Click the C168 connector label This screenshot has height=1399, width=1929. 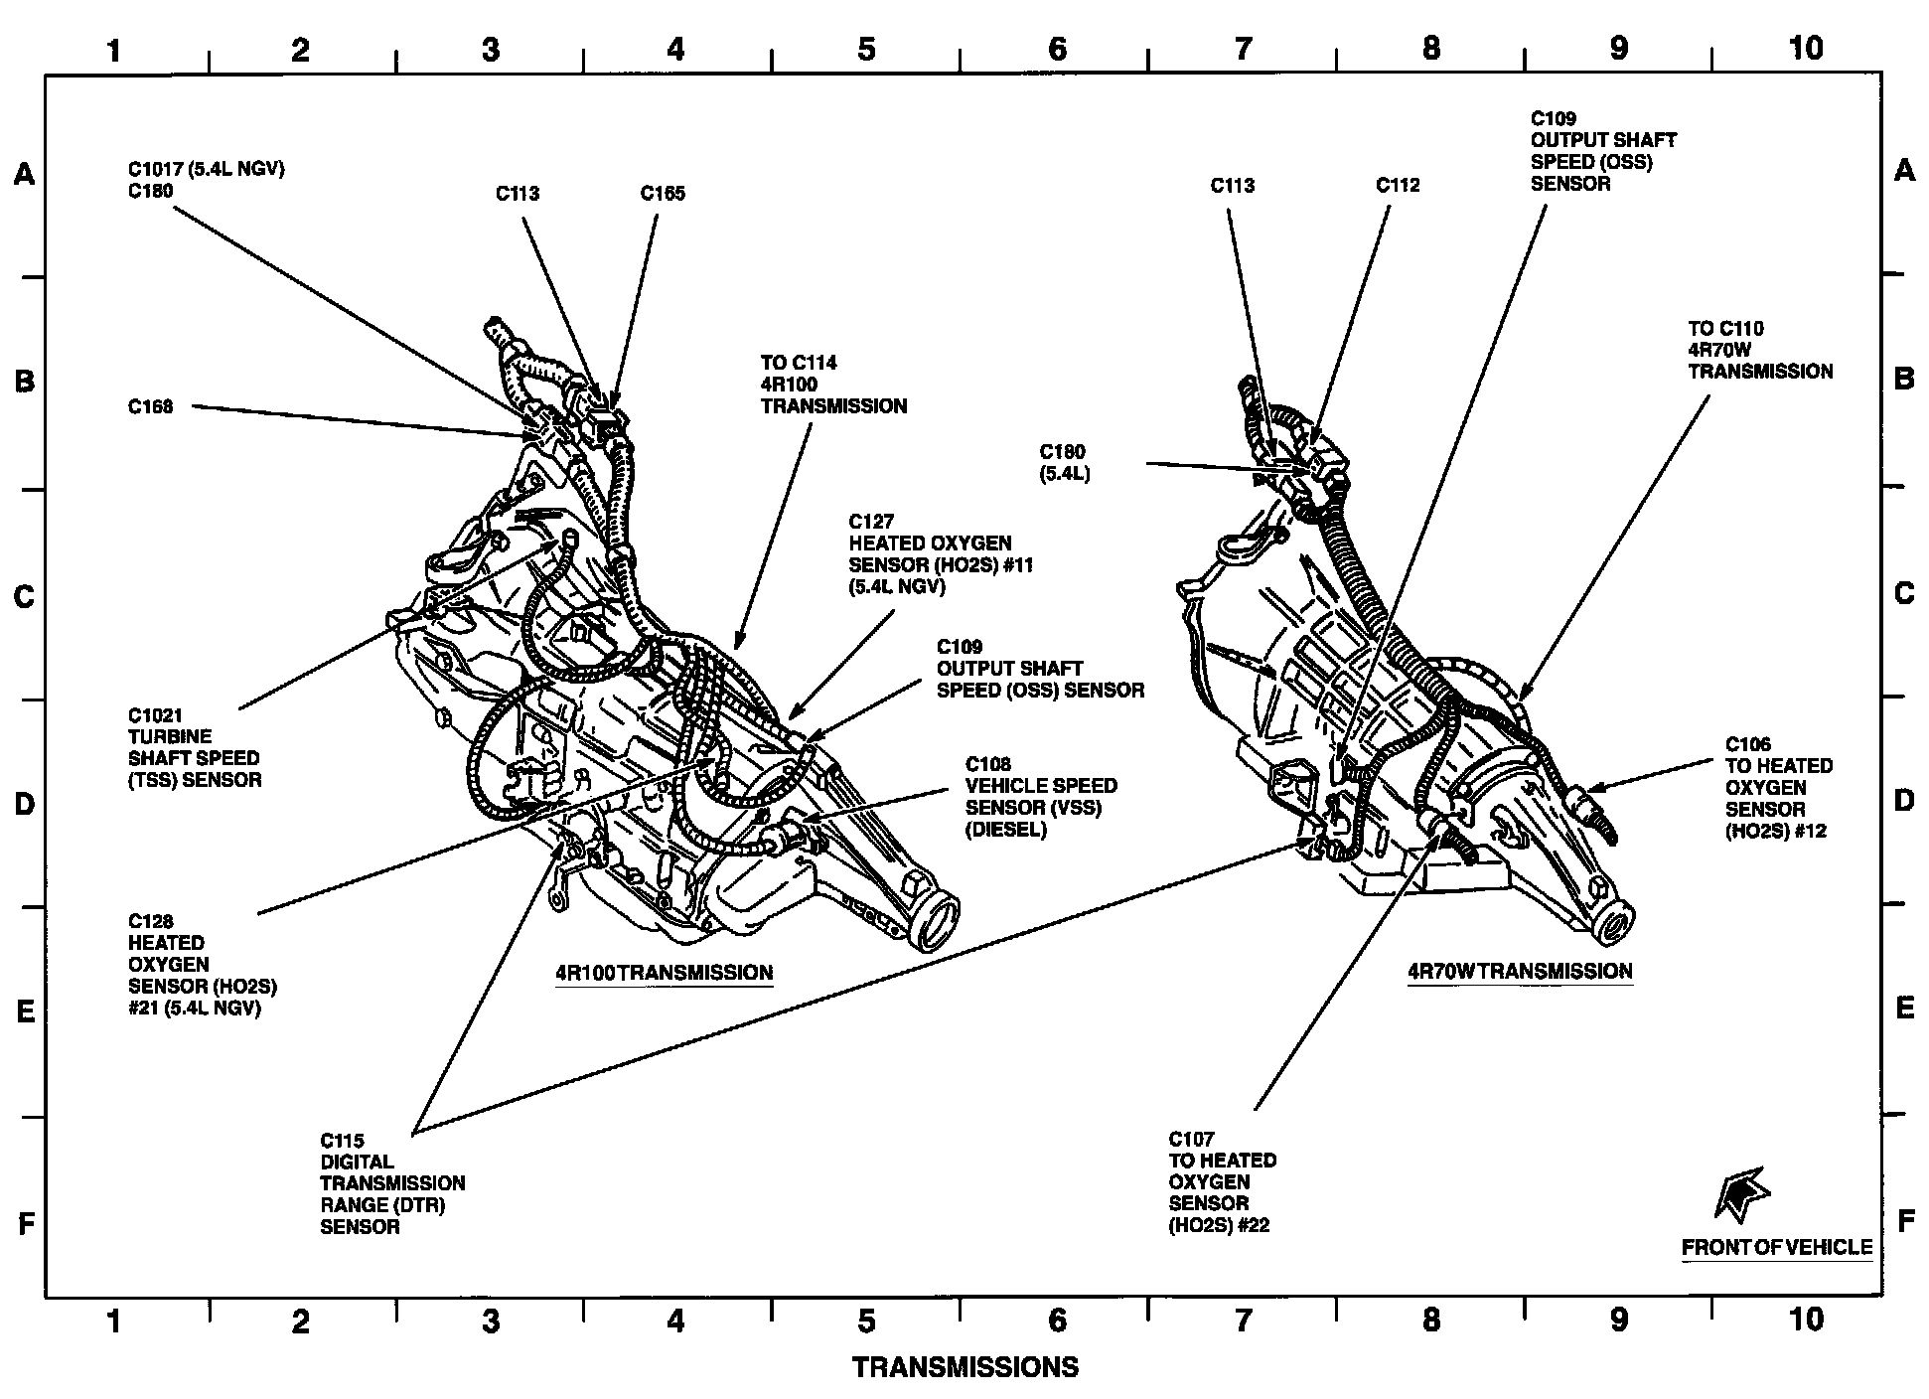150,406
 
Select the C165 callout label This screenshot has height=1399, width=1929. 663,194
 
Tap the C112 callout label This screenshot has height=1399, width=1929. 1398,185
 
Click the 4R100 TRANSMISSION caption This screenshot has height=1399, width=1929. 664,973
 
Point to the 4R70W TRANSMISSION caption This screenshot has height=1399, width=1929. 1520,971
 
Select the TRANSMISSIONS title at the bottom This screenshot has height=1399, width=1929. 964,1368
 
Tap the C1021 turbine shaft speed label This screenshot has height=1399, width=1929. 195,747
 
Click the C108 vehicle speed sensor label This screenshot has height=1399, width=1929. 1041,796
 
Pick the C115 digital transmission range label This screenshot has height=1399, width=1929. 391,1183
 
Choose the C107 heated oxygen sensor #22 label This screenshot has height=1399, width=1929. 1222,1182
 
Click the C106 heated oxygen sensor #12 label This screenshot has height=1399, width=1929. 1778,787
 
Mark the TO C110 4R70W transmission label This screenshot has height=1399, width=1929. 1760,350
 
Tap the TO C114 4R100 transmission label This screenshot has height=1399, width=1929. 833,385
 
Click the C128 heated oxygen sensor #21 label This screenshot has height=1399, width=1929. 202,965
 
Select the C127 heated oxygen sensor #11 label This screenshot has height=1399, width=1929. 929,554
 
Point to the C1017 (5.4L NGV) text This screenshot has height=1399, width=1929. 206,169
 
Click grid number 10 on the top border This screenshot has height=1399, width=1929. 1805,48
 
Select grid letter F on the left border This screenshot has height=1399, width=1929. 27,1223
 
